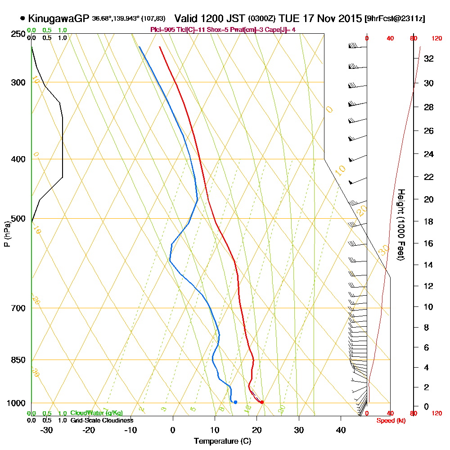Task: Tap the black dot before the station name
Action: (22, 18)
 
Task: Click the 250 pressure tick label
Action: (18, 34)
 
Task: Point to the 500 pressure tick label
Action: (18, 219)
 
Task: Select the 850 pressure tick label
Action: (18, 360)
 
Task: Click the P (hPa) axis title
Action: (7, 234)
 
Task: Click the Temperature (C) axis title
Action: (222, 441)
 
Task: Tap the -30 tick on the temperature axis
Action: (46, 430)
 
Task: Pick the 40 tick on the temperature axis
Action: (341, 430)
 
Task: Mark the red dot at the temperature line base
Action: (262, 402)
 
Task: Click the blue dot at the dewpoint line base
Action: (235, 402)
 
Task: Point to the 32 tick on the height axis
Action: (429, 58)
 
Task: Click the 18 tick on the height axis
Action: (429, 221)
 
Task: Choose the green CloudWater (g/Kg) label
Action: (96, 413)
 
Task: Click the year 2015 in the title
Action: (347, 18)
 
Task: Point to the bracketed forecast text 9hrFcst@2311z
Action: (395, 18)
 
